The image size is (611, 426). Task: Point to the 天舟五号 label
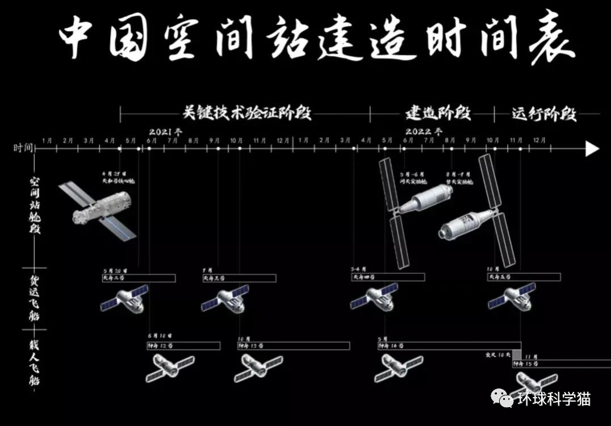pos(500,277)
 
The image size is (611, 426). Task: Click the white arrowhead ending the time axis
pos(592,149)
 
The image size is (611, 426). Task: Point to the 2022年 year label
pos(424,131)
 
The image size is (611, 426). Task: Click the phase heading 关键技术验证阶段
pos(247,113)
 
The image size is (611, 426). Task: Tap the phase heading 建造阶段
pos(438,113)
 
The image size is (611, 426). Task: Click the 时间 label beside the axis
pos(23,149)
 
